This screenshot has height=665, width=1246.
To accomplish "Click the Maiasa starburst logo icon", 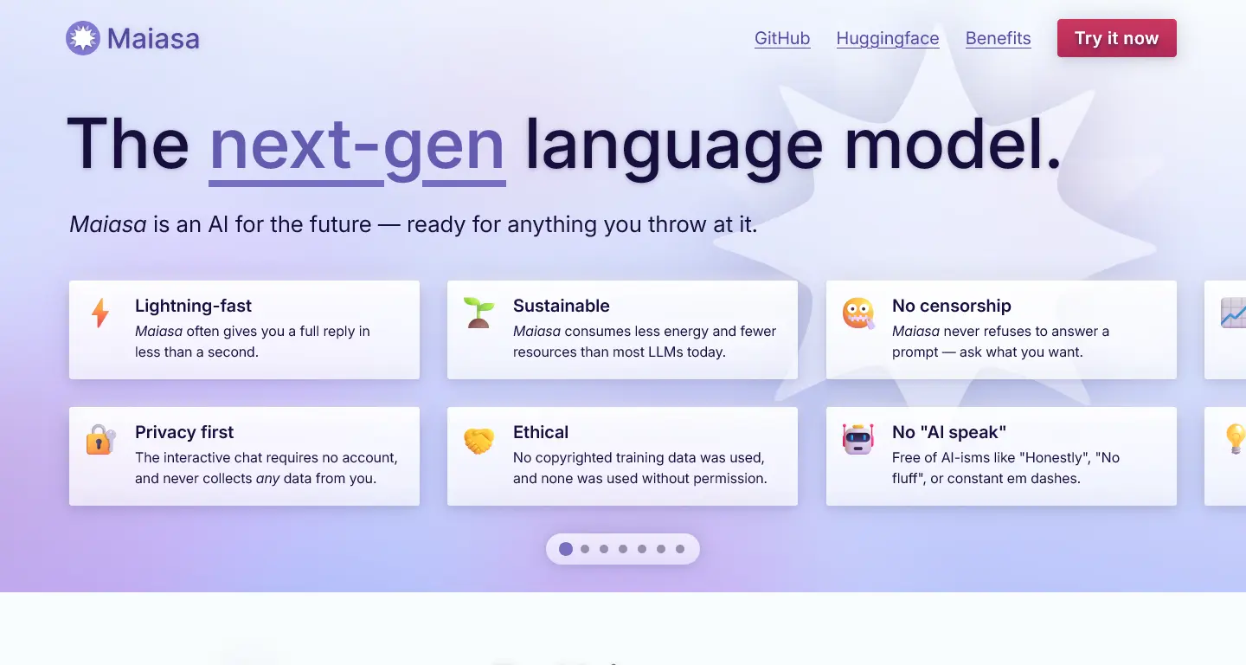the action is (x=83, y=38).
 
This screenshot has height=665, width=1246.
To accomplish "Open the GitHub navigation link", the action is (x=782, y=38).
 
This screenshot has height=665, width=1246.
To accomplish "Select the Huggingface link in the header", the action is (x=888, y=38).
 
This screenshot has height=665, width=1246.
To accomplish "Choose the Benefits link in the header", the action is (x=998, y=38).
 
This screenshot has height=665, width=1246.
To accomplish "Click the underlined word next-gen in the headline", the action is (x=357, y=146).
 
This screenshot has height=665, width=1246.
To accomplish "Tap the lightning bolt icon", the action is (x=100, y=313).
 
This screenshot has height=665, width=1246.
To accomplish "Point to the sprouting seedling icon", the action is (x=478, y=313).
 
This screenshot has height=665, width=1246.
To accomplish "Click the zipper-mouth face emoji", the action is (x=857, y=313).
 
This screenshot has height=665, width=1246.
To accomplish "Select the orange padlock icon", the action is (x=100, y=440).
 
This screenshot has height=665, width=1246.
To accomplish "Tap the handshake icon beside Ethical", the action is (x=478, y=440).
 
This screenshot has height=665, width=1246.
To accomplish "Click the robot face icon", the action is (x=857, y=439).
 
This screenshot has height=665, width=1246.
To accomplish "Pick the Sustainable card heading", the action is (x=561, y=306).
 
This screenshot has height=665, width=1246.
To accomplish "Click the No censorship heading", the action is (x=951, y=306).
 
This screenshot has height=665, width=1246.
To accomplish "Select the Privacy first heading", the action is (x=184, y=432).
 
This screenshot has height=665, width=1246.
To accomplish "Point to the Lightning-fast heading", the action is (x=193, y=306).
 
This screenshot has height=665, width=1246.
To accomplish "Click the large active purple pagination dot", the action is (x=566, y=549).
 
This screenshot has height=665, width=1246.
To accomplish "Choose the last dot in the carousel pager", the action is (x=680, y=549).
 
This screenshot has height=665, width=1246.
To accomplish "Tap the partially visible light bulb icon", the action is (x=1236, y=438).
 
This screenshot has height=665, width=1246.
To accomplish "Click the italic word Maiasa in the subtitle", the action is (x=108, y=224).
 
